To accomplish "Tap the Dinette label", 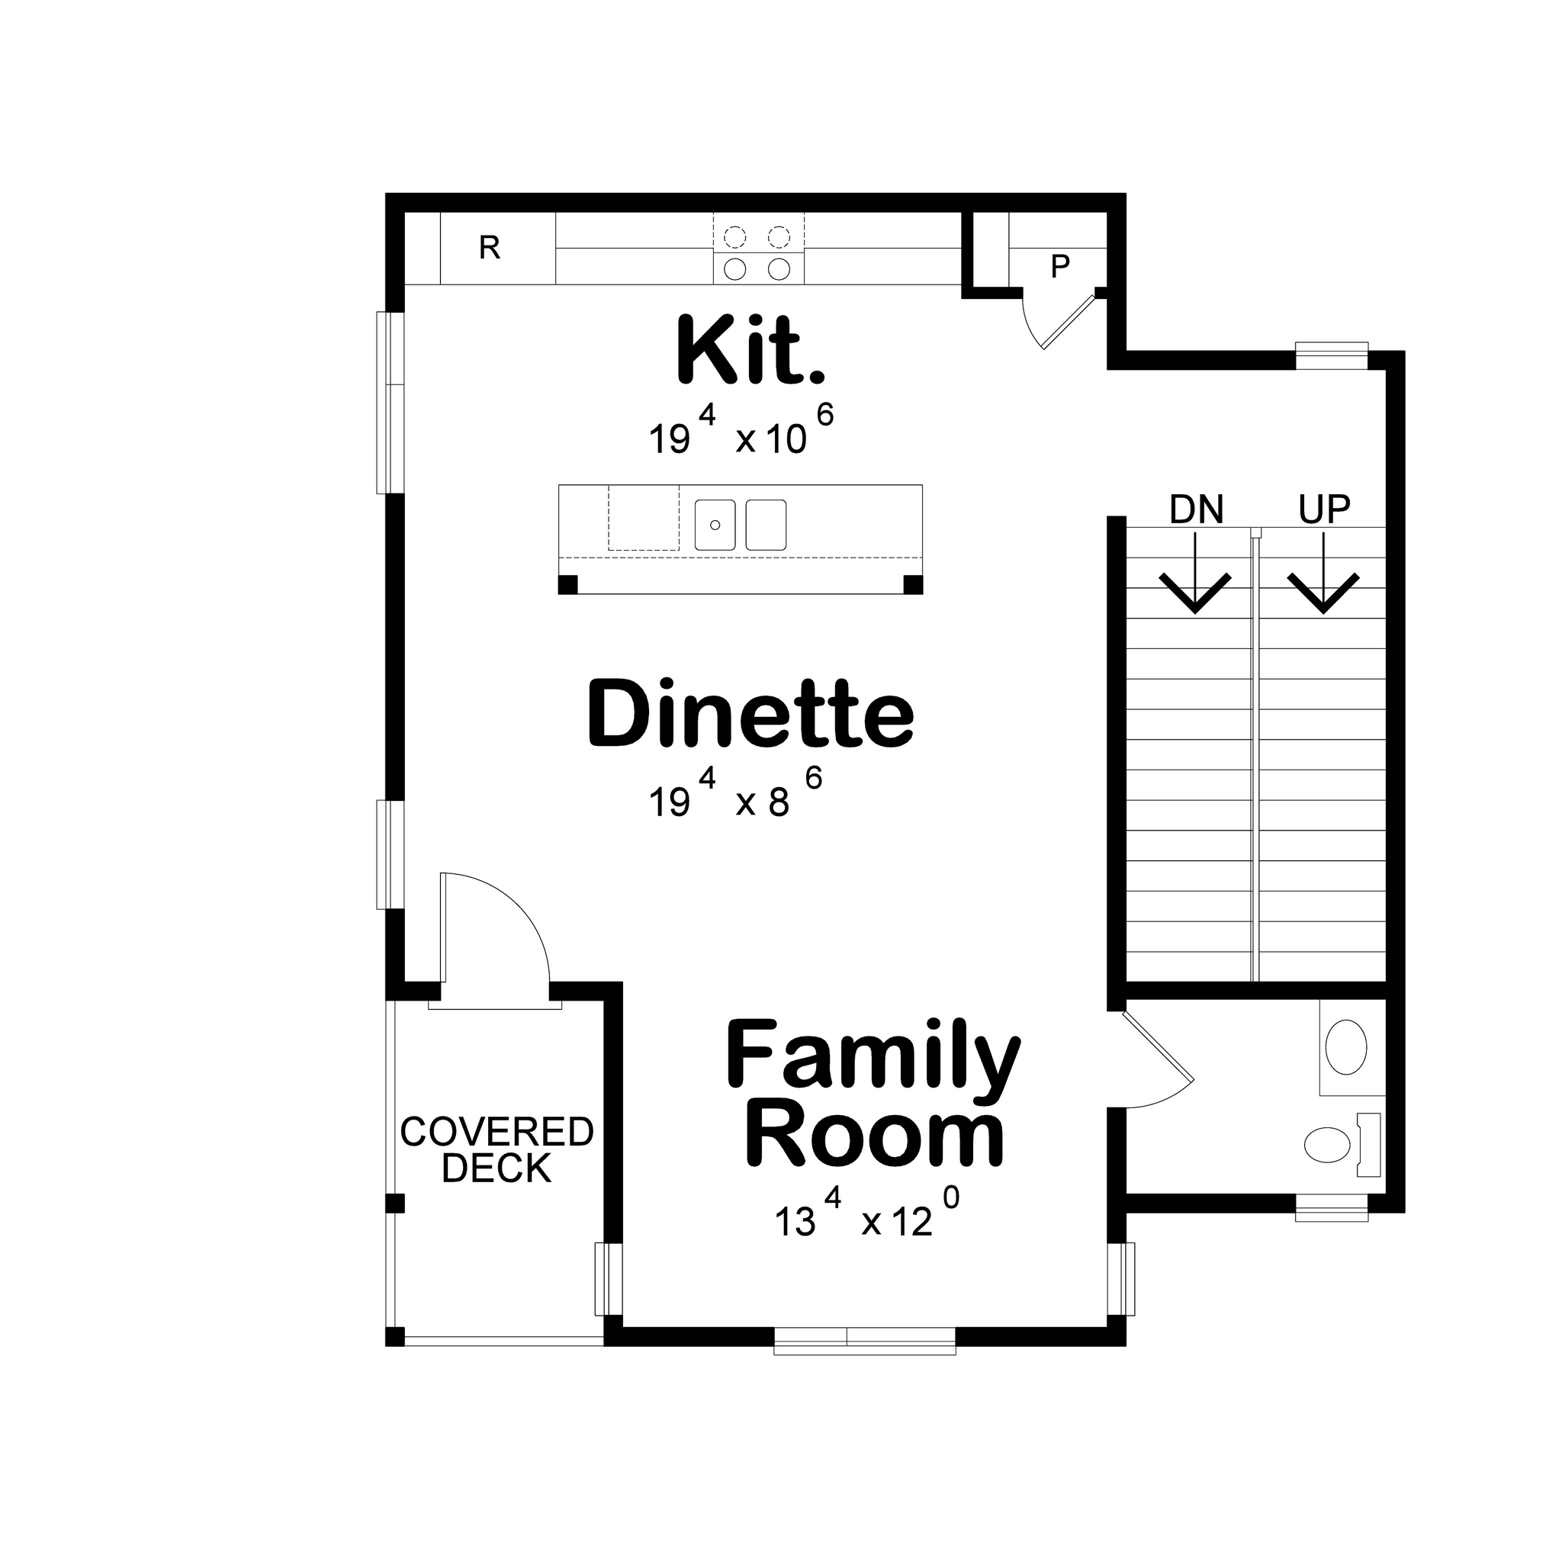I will pyautogui.click(x=750, y=713).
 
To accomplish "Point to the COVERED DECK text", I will pyautogui.click(x=497, y=1149).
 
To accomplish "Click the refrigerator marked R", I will pyautogui.click(x=490, y=248).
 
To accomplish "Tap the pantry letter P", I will pyautogui.click(x=1060, y=266).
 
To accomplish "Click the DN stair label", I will pyautogui.click(x=1196, y=509).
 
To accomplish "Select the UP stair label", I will pyautogui.click(x=1323, y=509).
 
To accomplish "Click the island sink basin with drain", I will pyautogui.click(x=715, y=525).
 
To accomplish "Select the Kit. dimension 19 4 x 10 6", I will pyautogui.click(x=740, y=432).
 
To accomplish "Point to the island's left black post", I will pyautogui.click(x=568, y=583).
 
